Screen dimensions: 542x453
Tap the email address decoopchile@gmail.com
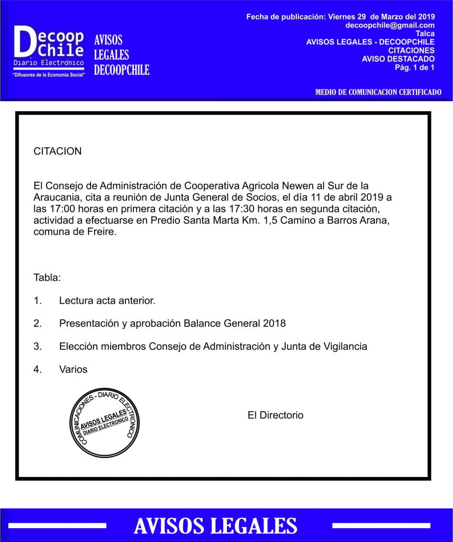coord(390,25)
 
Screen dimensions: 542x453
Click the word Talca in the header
coord(425,33)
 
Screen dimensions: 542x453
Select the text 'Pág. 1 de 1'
coord(414,67)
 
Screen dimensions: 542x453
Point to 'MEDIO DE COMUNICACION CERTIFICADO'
coord(378,92)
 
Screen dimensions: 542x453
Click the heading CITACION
coord(58,151)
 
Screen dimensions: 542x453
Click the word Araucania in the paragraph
coord(53,197)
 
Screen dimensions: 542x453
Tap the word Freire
coord(101,232)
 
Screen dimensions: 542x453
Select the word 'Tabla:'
coord(47,277)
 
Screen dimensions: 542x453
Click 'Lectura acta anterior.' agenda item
coord(107,301)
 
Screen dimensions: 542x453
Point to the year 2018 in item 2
coord(274,323)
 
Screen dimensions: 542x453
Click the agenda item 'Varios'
coord(73,369)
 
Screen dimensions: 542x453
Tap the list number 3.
coord(37,346)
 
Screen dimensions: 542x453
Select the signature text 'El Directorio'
coord(275,415)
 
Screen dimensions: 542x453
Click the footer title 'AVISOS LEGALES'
coord(215,526)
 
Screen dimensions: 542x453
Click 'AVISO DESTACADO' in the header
coord(398,59)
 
